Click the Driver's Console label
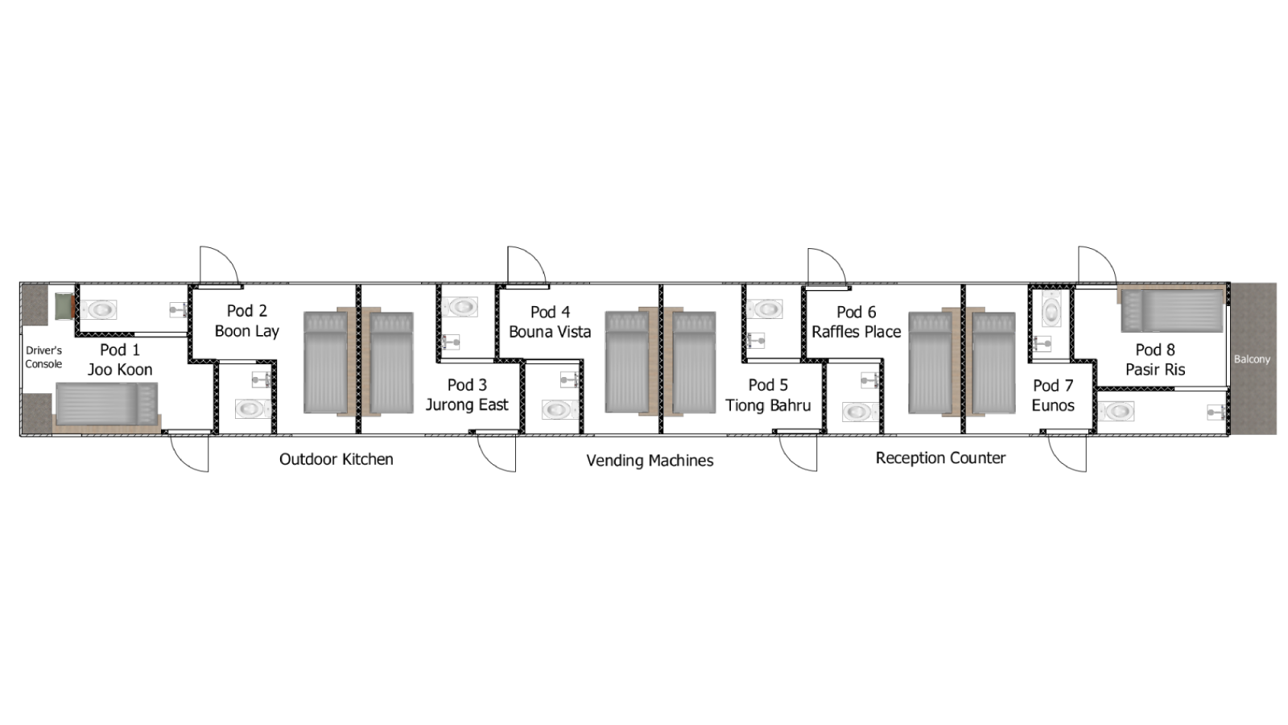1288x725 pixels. click(x=43, y=357)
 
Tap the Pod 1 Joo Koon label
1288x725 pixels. click(x=120, y=359)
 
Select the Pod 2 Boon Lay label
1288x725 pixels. click(x=246, y=321)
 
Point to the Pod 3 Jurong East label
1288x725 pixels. click(x=467, y=395)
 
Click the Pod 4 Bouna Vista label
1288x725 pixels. click(x=550, y=321)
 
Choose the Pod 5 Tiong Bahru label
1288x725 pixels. click(x=768, y=395)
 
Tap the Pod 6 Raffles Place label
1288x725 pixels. click(x=856, y=321)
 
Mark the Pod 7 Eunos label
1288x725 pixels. click(x=1053, y=395)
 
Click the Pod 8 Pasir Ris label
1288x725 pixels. click(x=1155, y=359)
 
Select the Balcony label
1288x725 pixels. click(x=1252, y=359)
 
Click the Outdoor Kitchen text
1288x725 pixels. click(x=336, y=459)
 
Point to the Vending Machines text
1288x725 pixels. click(x=650, y=461)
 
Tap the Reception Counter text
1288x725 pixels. click(x=940, y=458)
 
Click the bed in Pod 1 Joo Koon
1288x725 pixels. click(x=106, y=403)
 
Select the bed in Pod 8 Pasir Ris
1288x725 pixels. click(x=1173, y=311)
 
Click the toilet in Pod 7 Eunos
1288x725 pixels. click(x=1051, y=309)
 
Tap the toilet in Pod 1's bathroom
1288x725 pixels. click(x=101, y=309)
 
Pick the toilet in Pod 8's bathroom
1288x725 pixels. click(x=1117, y=412)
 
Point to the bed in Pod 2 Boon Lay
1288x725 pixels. click(x=326, y=362)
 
